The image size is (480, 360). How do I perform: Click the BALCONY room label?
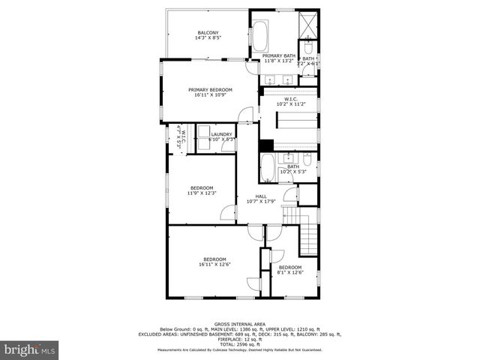208,33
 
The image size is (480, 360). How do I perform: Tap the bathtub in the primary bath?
259,36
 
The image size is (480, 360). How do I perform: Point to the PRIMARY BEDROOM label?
210,89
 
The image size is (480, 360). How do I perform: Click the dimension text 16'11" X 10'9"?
210,95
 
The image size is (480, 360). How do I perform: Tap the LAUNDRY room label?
211,134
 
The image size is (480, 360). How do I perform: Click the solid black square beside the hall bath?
265,145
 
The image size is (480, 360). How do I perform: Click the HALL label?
261,196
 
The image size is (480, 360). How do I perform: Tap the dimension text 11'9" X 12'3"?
201,193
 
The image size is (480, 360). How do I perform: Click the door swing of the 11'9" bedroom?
228,213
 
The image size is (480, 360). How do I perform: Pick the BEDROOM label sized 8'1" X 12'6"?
290,267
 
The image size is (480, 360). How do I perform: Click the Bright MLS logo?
30,349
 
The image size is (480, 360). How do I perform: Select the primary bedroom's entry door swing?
246,115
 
